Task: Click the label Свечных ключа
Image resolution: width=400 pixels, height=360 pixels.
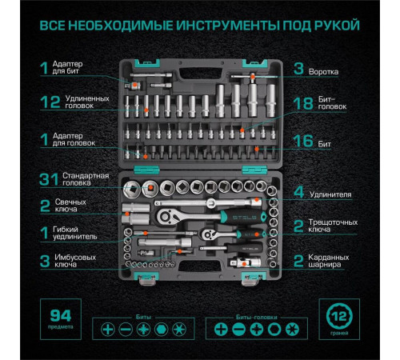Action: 74,203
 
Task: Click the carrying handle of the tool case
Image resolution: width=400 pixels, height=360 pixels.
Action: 191,54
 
